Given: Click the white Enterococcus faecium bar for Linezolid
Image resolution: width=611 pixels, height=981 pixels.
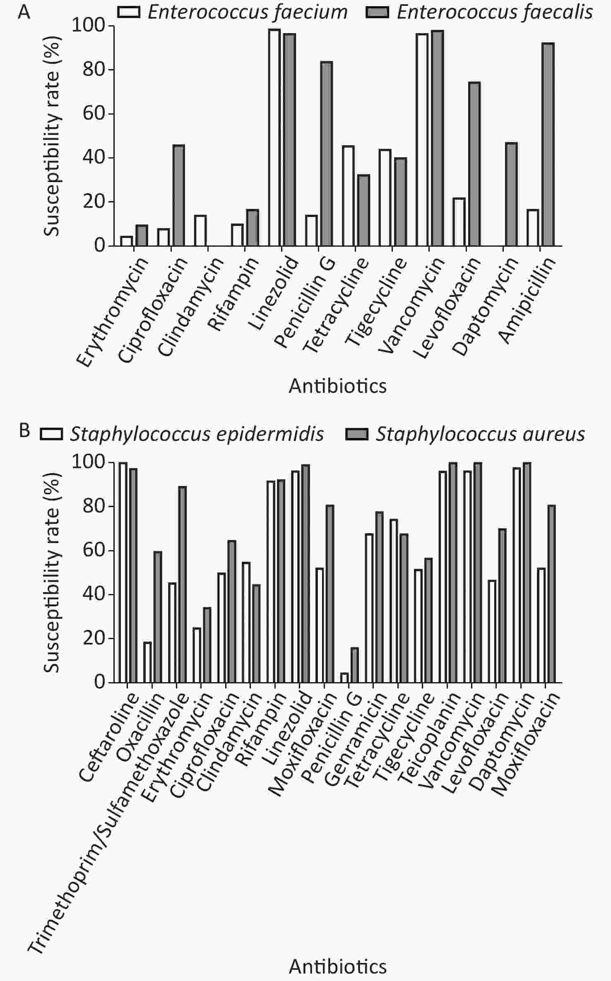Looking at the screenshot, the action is tap(274, 138).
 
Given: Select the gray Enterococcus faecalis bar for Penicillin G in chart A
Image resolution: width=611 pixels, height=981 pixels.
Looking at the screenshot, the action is tap(326, 154).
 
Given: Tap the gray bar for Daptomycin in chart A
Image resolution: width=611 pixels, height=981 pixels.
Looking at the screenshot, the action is tap(511, 195).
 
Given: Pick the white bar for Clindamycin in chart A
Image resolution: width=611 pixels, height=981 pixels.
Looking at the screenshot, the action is tap(200, 231).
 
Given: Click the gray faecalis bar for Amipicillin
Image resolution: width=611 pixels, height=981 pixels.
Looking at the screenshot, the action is tap(548, 144).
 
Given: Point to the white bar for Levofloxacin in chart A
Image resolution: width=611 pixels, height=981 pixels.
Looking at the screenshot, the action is tap(459, 222).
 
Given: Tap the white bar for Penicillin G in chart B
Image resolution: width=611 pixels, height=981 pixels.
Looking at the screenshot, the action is tap(344, 678).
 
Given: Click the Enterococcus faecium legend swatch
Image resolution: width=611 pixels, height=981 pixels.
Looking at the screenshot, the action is tap(129, 12).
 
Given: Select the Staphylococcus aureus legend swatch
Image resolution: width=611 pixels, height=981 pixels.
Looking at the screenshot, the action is tap(356, 434).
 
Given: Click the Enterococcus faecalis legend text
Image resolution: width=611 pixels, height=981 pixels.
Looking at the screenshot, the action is tap(495, 12).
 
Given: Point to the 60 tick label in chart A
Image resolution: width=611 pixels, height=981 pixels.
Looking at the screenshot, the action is tap(92, 113).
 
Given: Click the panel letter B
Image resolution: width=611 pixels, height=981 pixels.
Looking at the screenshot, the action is tap(25, 430).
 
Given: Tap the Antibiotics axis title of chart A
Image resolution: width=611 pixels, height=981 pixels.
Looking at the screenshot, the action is tap(338, 386).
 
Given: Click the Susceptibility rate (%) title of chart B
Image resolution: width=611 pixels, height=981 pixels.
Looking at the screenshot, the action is tap(52, 572).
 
